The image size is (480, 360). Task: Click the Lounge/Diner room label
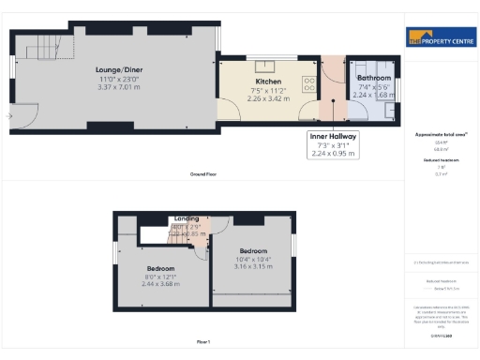click(x=118, y=69)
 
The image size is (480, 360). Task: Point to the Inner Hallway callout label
click(x=333, y=135)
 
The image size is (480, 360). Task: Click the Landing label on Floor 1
click(x=187, y=218)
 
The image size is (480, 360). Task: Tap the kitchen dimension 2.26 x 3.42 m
click(x=265, y=98)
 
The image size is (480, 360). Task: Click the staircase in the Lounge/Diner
click(x=37, y=48)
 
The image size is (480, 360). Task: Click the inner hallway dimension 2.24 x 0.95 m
click(x=333, y=154)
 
